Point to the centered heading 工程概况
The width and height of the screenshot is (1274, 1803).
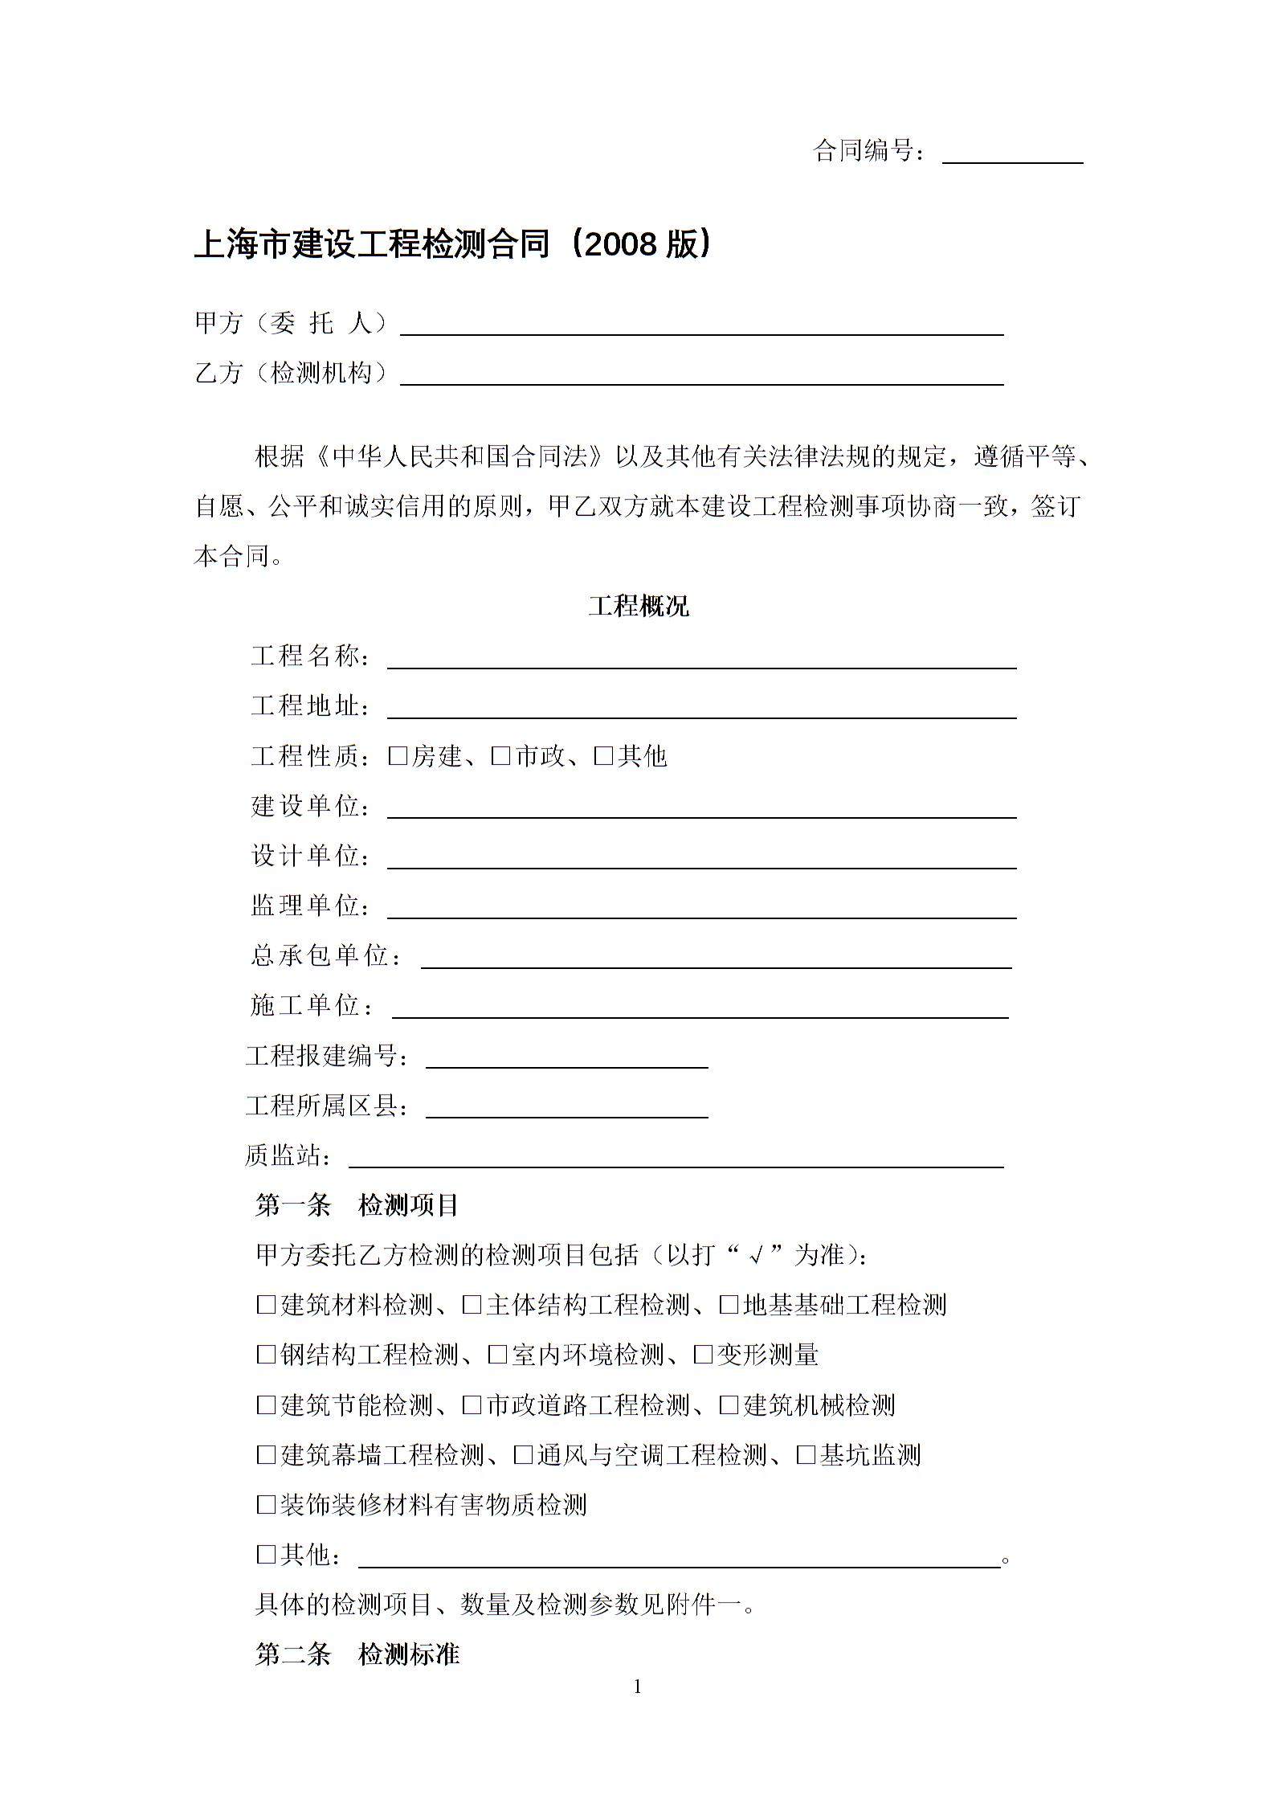(x=639, y=606)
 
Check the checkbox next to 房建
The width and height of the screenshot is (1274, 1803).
(x=398, y=756)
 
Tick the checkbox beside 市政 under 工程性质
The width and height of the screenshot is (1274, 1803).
(x=500, y=756)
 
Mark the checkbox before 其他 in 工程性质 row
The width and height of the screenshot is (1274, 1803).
(x=603, y=756)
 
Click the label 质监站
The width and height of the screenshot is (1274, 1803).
(x=287, y=1156)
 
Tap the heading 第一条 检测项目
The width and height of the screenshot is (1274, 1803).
(x=357, y=1205)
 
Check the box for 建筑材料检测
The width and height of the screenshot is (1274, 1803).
(x=266, y=1305)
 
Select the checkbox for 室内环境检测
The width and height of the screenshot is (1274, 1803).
(x=497, y=1355)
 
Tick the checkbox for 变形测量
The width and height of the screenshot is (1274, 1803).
(x=703, y=1355)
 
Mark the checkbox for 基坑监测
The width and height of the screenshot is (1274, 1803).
(x=806, y=1455)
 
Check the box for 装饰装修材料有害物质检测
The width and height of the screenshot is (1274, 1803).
(x=266, y=1505)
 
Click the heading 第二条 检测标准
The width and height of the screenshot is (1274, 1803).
(x=357, y=1654)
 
